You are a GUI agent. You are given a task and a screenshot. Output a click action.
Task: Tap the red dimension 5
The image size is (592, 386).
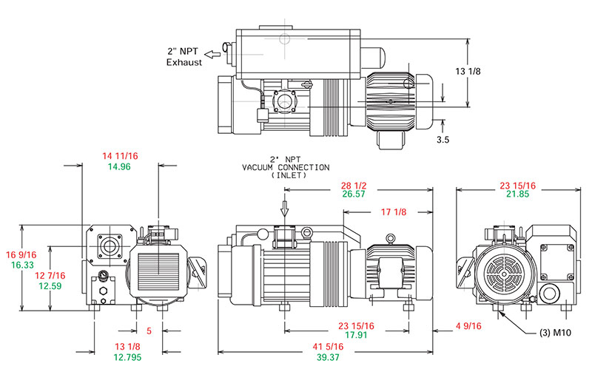[x=149, y=331]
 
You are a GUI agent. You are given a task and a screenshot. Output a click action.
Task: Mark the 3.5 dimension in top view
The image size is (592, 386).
[x=443, y=138]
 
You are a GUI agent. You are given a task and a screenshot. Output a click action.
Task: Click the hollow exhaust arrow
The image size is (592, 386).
[x=214, y=53]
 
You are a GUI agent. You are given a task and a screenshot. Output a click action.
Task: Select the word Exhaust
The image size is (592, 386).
[x=183, y=63]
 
